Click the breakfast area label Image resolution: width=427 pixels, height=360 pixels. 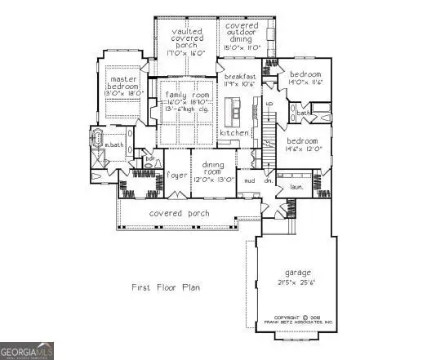pyautogui.click(x=242, y=76)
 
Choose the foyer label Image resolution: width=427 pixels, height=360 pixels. pyautogui.click(x=177, y=175)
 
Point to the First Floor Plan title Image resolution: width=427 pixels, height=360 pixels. pyautogui.click(x=167, y=287)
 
